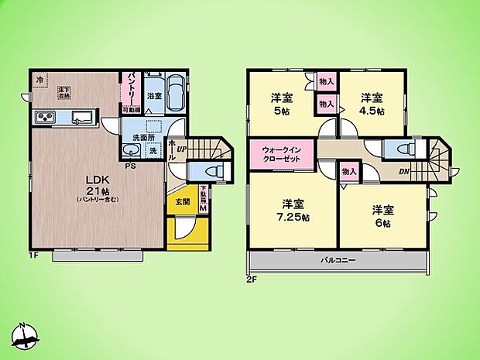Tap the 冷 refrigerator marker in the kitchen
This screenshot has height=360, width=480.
point(39,79)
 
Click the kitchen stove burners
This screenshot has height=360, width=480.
point(43,118)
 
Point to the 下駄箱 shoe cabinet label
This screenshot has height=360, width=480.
point(204,199)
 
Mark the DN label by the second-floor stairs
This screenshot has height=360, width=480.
point(403,171)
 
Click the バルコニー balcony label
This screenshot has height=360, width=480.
point(338,261)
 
